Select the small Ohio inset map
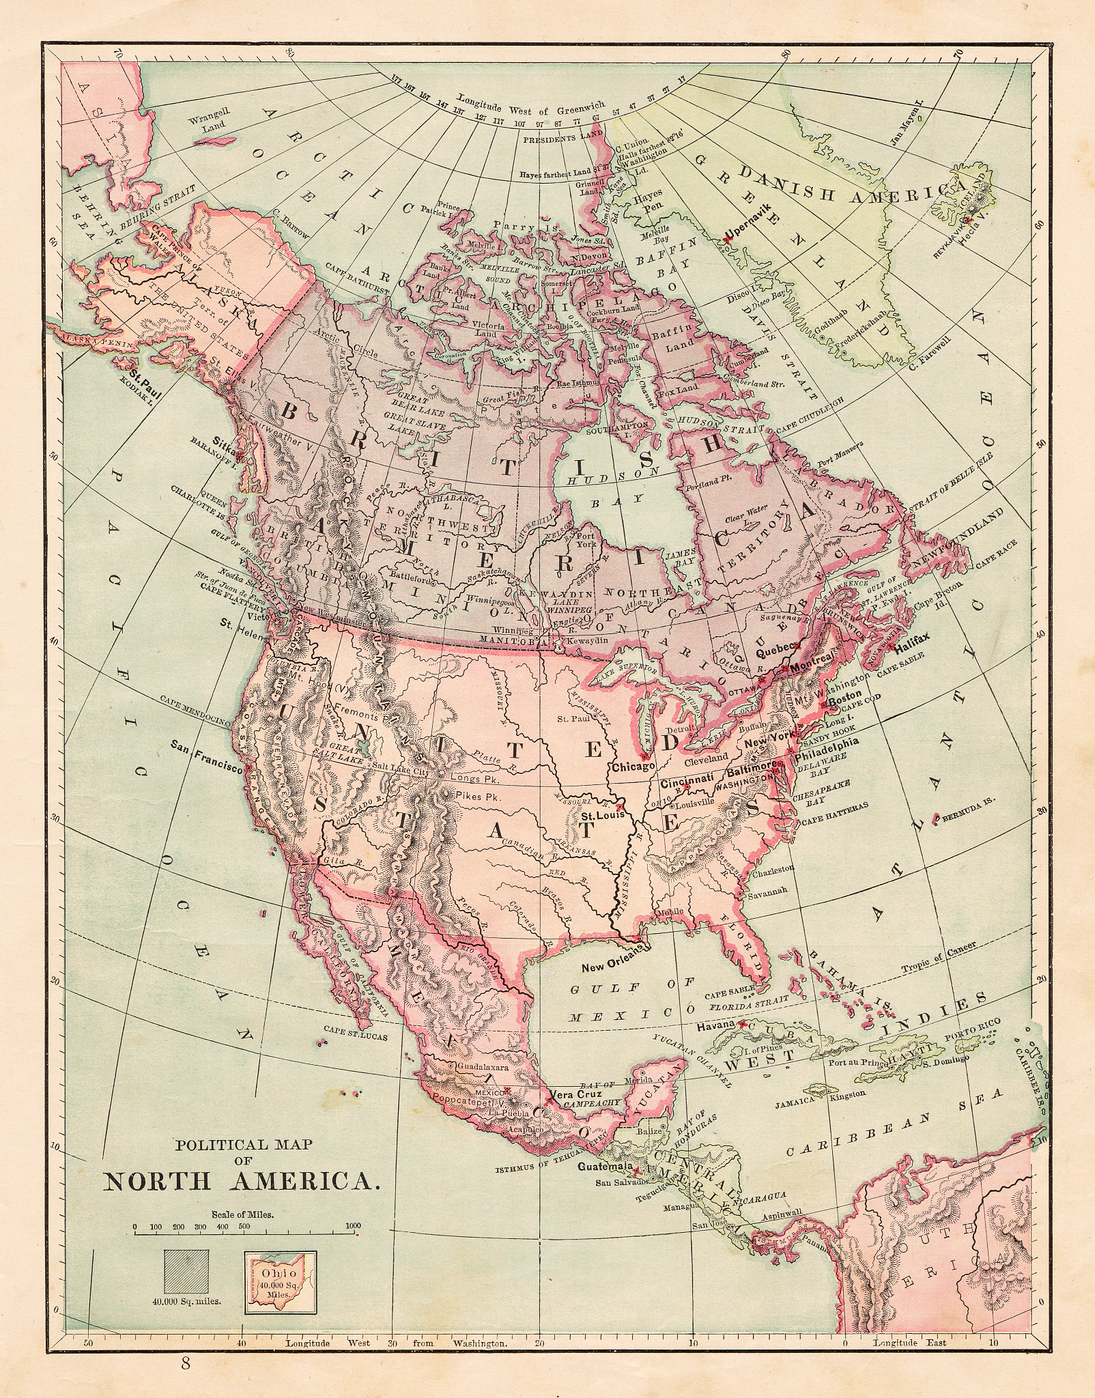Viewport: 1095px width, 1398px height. click(x=281, y=1276)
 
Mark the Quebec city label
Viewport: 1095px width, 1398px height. click(x=773, y=650)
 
